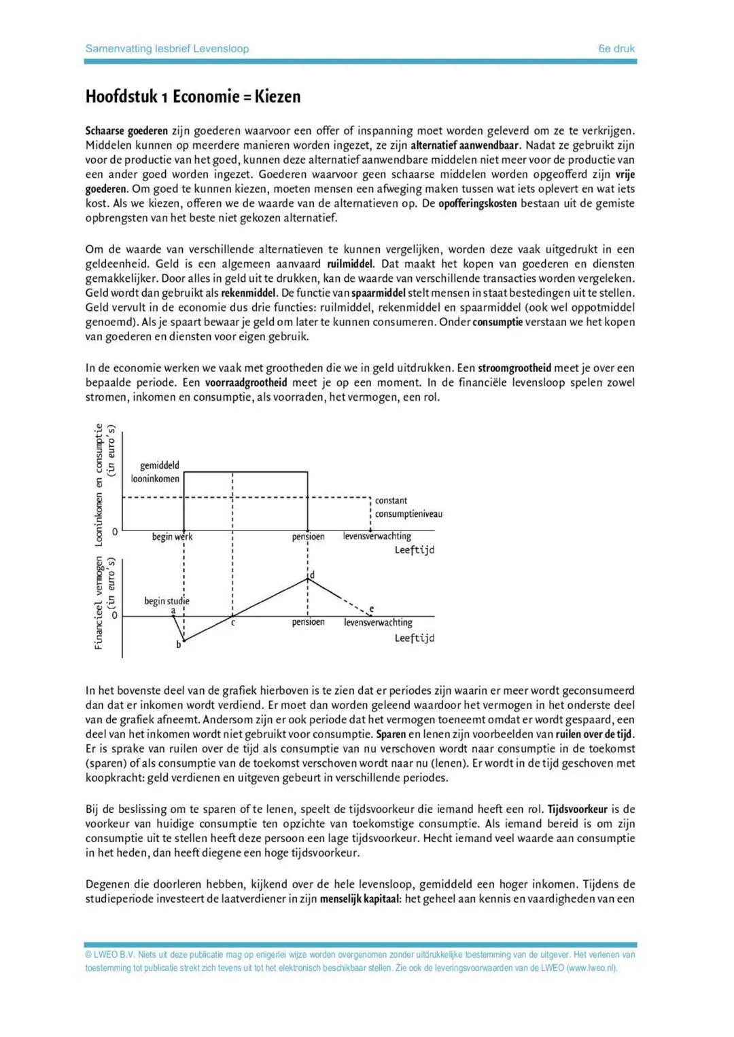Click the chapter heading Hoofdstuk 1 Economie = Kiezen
(x=192, y=96)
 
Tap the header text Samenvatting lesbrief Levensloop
(x=167, y=49)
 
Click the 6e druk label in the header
(x=616, y=49)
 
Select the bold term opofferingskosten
(x=477, y=204)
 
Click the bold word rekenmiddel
(x=249, y=293)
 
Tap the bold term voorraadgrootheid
(x=246, y=383)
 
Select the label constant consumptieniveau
(x=408, y=507)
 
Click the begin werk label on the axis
(x=172, y=536)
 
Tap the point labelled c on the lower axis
(x=233, y=622)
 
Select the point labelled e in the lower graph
(x=371, y=609)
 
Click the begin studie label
(x=167, y=601)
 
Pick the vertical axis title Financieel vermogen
(x=99, y=603)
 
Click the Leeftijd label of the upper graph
(x=414, y=550)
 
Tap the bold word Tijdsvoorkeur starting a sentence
(x=578, y=809)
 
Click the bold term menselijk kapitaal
(x=360, y=899)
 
